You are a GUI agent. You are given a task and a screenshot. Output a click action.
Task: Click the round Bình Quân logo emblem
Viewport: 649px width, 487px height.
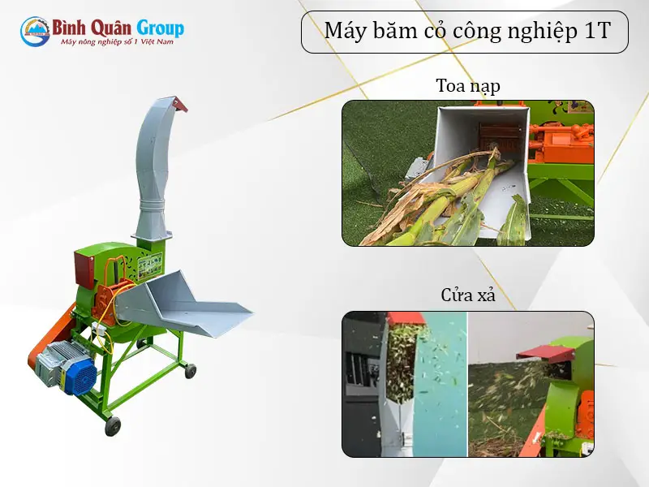click(x=34, y=32)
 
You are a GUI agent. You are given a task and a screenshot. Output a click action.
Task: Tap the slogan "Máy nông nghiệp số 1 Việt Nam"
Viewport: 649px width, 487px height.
click(x=117, y=42)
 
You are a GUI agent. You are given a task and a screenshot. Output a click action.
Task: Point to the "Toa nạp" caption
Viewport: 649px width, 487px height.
click(x=467, y=86)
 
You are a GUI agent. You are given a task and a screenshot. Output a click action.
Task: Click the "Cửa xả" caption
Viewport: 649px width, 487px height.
click(x=468, y=295)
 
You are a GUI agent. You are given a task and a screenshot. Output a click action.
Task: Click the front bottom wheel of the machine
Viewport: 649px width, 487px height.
click(x=113, y=426)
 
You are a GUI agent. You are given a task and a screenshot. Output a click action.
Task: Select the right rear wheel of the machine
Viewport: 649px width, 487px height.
click(x=191, y=371)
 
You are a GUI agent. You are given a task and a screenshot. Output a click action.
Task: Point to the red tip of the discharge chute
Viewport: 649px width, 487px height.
click(x=179, y=103)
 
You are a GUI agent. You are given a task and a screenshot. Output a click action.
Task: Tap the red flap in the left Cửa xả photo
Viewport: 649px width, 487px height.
click(x=397, y=319)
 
